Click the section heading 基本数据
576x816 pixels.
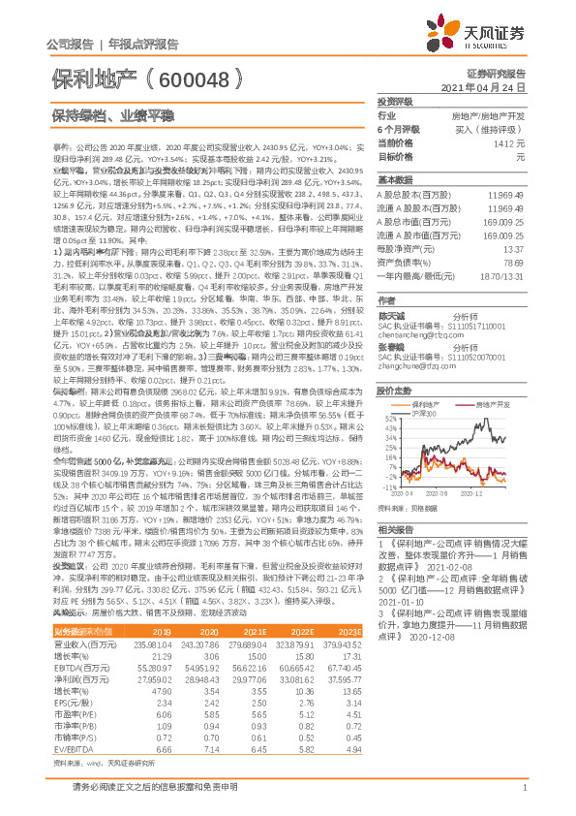click(394, 180)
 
